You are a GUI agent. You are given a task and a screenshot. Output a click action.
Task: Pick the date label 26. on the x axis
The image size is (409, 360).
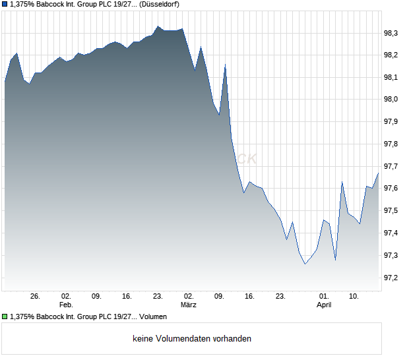point(36,296)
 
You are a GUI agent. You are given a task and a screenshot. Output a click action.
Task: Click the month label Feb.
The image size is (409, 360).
point(65,305)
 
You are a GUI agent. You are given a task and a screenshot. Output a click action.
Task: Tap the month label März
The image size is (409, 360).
point(189,305)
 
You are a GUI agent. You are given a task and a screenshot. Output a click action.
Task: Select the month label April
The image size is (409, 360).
point(324,305)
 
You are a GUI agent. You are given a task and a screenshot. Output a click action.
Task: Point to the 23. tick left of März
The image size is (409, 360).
point(158,296)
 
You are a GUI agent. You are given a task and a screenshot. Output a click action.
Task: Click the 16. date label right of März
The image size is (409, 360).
point(250,296)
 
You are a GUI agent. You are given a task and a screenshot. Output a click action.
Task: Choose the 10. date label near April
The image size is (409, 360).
point(354,296)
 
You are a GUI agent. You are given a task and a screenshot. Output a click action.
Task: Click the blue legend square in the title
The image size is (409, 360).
point(5,5)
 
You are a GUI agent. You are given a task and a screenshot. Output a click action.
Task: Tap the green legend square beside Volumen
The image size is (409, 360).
point(5,317)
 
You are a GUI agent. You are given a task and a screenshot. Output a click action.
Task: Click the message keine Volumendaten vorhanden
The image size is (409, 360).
point(191,339)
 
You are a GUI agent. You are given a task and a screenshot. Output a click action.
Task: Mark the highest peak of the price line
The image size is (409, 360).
point(158,26)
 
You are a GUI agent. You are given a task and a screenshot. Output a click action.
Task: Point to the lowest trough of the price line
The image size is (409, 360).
point(305,264)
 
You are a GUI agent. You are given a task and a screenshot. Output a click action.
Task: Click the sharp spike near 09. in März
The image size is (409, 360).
point(226,65)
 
